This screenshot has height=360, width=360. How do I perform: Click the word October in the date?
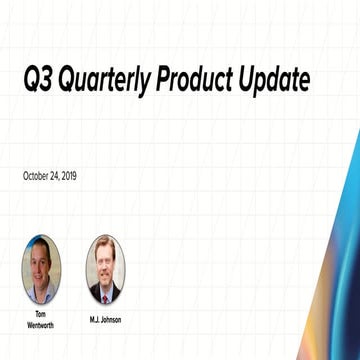pos(38,176)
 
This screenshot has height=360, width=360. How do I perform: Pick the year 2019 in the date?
pos(69,176)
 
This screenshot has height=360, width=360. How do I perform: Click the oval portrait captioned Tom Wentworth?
pos(41,269)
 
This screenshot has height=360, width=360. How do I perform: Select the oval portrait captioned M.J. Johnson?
pos(105,269)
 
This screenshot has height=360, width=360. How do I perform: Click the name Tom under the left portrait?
pos(41,313)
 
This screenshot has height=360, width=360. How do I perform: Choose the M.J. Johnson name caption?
pos(105,319)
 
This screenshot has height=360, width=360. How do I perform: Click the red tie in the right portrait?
pos(105,292)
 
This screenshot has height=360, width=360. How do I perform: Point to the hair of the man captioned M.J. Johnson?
pos(105,246)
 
